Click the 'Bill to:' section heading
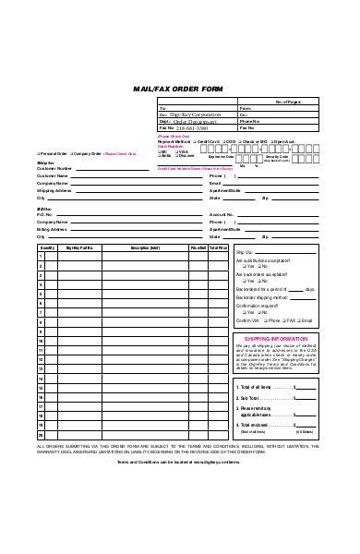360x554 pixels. [44, 209]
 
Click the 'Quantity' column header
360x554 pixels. [47, 247]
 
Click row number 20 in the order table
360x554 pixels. [41, 434]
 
